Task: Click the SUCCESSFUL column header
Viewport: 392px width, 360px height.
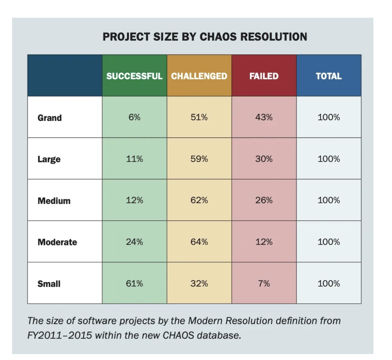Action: coord(134,76)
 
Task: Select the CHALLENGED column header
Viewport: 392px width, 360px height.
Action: coord(199,76)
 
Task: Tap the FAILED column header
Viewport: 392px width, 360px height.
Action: coord(264,76)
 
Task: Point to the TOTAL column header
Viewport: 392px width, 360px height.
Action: coord(329,76)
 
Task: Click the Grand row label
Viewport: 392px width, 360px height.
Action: coord(50,118)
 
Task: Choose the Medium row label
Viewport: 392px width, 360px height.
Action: coord(54,201)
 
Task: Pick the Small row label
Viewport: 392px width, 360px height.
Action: coord(49,284)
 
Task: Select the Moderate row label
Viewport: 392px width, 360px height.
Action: coord(57,242)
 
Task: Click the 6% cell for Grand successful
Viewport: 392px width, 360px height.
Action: coord(134,117)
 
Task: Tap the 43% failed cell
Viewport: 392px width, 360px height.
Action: coord(264,117)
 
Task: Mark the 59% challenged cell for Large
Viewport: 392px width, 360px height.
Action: coord(199,159)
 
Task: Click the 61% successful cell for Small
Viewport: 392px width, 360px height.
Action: coord(134,283)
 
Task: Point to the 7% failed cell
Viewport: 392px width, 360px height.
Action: coord(264,283)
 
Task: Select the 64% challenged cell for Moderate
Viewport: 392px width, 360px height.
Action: coord(199,242)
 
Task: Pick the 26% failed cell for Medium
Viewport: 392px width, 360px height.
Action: coord(264,200)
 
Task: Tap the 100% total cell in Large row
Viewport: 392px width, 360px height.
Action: coord(329,159)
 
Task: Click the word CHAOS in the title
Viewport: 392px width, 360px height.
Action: coord(218,37)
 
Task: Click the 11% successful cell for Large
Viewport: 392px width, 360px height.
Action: coord(134,159)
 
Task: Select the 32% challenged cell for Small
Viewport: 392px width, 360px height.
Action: coord(199,283)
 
